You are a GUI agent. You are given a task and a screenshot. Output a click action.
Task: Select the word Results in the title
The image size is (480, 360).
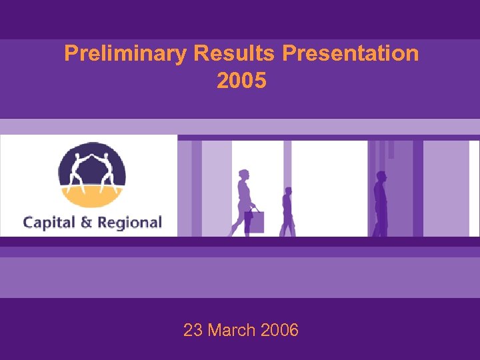click(x=235, y=53)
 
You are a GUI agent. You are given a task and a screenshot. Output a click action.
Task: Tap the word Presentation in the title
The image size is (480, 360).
click(x=351, y=53)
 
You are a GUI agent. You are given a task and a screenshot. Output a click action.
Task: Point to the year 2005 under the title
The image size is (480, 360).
click(x=241, y=81)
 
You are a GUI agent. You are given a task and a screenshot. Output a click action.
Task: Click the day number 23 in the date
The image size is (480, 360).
click(x=193, y=329)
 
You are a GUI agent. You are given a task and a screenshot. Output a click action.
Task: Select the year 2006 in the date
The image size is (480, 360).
click(x=280, y=329)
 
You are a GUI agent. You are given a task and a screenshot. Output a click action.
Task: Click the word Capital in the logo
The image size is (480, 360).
click(x=49, y=222)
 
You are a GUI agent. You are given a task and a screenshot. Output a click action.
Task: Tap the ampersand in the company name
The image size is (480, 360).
click(x=87, y=222)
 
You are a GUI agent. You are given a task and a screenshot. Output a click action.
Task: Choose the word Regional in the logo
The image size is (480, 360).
click(x=129, y=222)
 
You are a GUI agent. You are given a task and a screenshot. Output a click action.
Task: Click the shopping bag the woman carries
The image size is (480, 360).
click(x=256, y=221)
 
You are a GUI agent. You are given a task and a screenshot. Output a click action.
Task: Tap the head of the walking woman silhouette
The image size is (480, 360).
click(x=243, y=175)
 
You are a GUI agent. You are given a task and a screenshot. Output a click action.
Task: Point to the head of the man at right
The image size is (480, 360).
click(x=381, y=177)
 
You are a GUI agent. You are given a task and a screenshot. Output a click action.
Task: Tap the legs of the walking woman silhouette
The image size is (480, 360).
click(x=241, y=223)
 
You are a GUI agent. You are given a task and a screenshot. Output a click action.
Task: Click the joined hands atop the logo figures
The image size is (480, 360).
click(x=92, y=152)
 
